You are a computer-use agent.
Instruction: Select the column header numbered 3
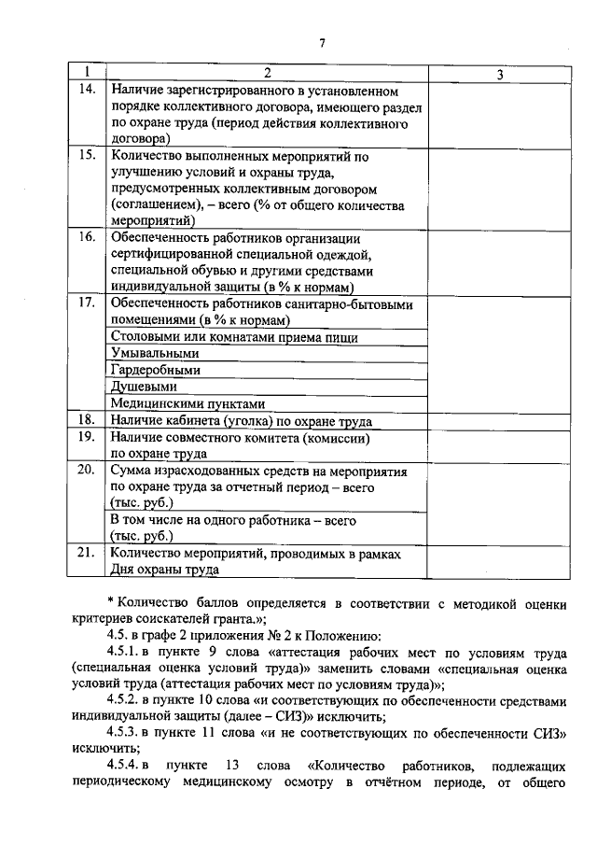coord(499,74)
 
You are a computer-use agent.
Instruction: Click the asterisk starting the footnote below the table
coord(109,599)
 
